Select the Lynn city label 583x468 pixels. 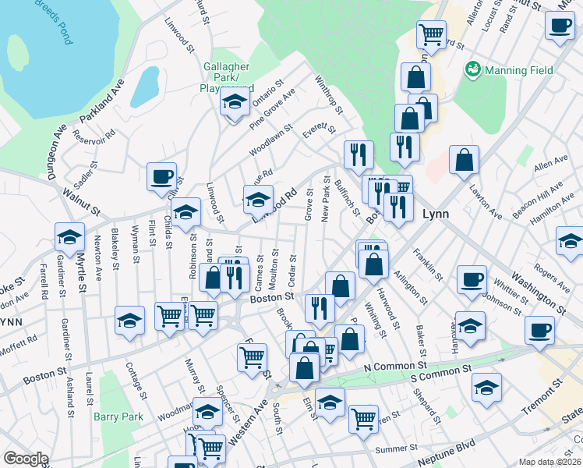[434, 213]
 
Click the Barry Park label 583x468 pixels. [118, 417]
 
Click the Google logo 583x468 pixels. [26, 459]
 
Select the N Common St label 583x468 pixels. [395, 365]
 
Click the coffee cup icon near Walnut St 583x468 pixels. [161, 175]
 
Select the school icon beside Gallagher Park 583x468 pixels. [234, 101]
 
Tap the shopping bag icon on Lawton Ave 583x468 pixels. [465, 160]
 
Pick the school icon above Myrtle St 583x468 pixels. [69, 236]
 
